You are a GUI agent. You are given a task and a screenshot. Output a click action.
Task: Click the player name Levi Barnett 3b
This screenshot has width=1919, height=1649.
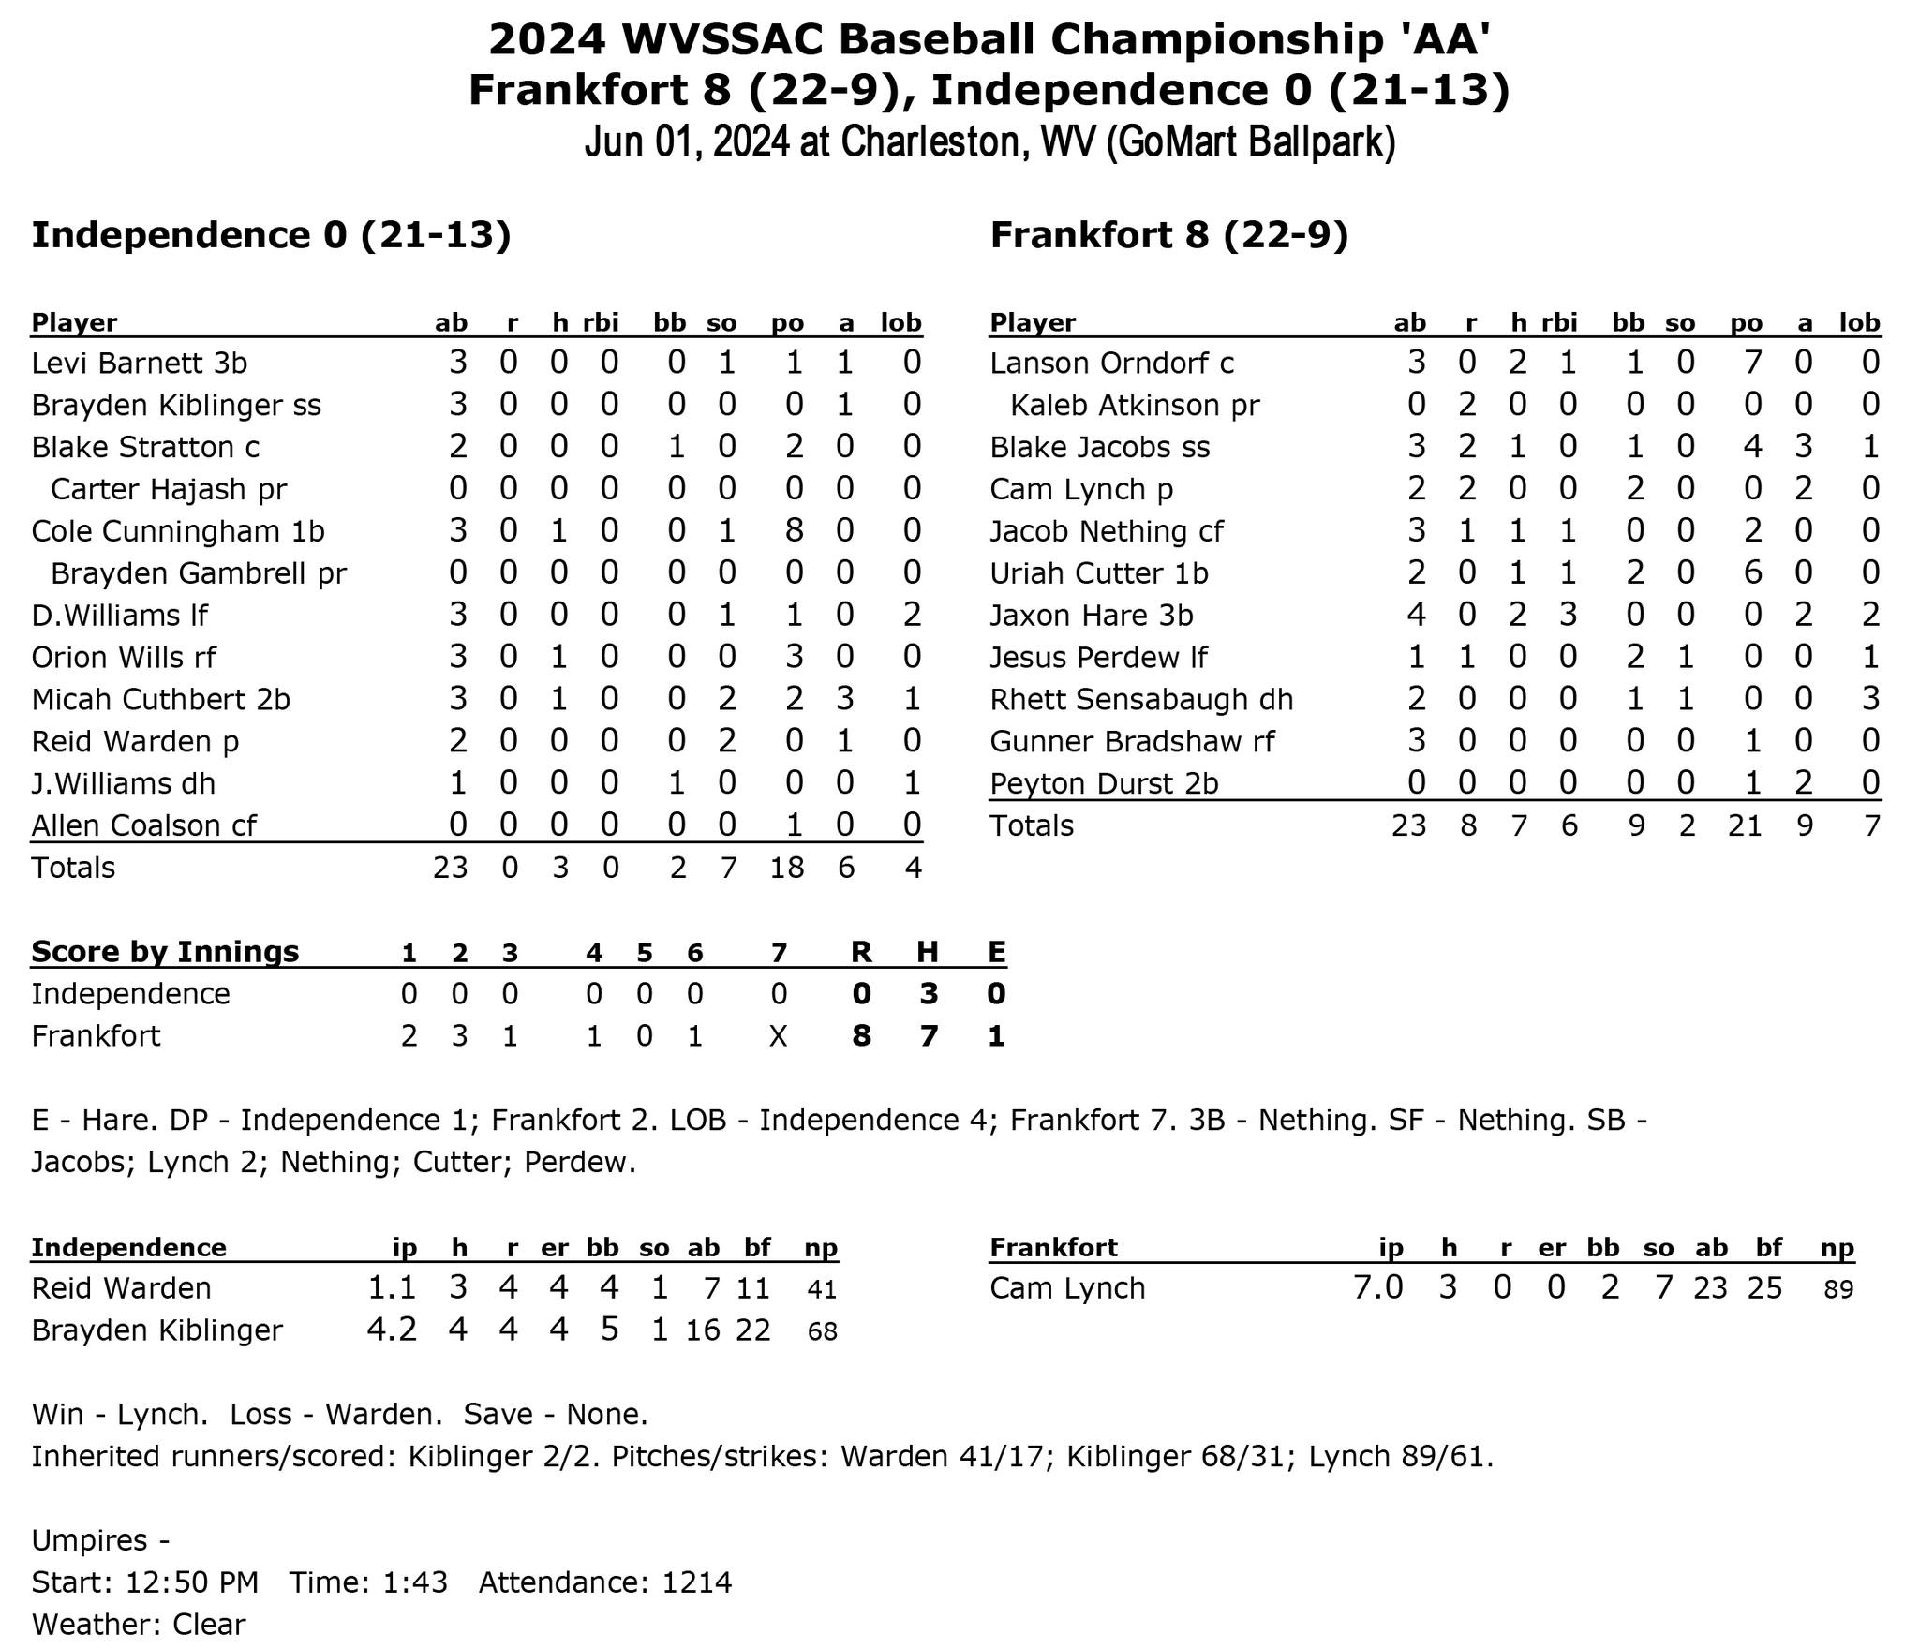click(139, 363)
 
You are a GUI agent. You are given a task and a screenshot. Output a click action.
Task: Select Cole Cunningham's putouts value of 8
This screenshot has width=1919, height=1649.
click(793, 531)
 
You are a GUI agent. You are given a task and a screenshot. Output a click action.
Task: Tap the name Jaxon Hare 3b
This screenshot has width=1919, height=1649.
click(1091, 616)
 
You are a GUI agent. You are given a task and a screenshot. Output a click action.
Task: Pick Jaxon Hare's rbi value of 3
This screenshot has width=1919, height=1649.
click(1568, 616)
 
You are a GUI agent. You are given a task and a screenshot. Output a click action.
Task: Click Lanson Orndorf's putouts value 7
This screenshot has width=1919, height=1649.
click(1752, 363)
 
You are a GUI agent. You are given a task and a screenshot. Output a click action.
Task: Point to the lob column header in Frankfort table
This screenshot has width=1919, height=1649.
click(1859, 322)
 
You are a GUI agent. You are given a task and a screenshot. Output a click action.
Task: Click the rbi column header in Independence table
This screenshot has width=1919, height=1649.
click(601, 322)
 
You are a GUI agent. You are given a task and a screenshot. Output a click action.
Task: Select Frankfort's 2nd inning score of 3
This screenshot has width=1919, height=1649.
click(459, 1036)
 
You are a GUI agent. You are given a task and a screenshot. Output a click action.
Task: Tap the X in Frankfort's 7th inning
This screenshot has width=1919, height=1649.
click(778, 1036)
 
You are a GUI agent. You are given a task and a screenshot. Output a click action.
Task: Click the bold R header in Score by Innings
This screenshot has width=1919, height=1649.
click(860, 952)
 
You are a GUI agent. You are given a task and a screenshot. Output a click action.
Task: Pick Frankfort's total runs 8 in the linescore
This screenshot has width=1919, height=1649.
click(860, 1036)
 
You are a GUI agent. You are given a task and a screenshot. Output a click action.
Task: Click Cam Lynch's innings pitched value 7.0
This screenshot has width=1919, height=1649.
click(1377, 1288)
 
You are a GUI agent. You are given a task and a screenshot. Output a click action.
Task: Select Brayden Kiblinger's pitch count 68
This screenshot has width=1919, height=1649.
click(822, 1331)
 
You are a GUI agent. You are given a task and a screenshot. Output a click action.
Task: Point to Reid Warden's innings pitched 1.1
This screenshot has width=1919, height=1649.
click(392, 1288)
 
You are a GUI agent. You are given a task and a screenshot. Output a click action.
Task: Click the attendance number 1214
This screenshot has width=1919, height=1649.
click(696, 1582)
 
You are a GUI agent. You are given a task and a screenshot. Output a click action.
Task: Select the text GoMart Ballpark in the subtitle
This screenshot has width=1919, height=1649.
click(1250, 141)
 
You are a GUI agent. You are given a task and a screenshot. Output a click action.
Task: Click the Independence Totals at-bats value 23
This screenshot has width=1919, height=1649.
click(450, 868)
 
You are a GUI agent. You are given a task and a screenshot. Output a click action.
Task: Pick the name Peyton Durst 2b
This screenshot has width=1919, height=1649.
click(1104, 783)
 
